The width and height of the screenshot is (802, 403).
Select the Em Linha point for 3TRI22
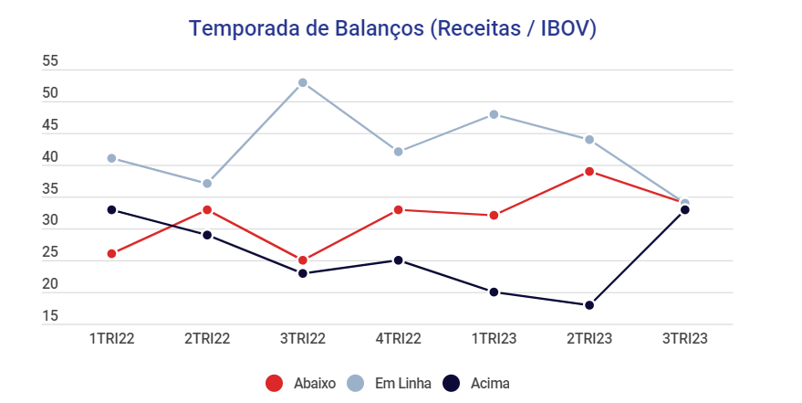[303, 83]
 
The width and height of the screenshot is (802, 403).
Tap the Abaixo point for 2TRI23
[589, 172]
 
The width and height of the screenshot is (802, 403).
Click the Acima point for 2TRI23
[589, 305]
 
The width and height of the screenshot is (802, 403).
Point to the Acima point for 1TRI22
[111, 210]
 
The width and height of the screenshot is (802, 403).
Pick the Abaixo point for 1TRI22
[111, 254]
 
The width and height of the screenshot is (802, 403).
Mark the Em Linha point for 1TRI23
[494, 115]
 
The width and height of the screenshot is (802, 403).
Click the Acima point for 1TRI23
[494, 292]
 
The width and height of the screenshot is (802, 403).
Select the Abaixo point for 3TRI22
[303, 260]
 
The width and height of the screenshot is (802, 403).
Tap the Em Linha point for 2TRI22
[207, 184]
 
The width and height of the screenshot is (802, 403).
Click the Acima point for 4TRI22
[398, 260]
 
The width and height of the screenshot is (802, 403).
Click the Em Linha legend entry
[390, 383]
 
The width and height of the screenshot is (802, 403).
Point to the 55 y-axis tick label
[50, 62]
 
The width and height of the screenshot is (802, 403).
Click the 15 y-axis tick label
[50, 317]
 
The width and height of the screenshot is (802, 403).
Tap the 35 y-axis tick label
[50, 190]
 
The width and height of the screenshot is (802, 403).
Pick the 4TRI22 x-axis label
[398, 338]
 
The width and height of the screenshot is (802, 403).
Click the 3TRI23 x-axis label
[684, 338]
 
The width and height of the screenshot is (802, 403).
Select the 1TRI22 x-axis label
[111, 338]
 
